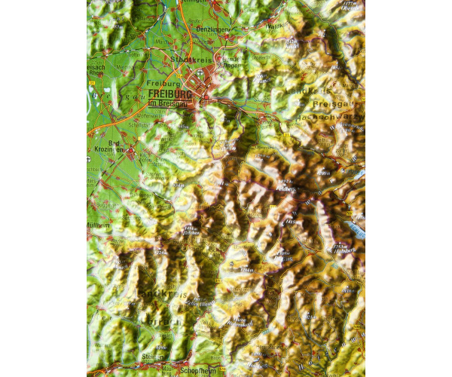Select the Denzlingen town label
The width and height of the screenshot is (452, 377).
(x=213, y=29)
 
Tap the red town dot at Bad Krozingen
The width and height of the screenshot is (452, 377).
(x=130, y=155)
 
